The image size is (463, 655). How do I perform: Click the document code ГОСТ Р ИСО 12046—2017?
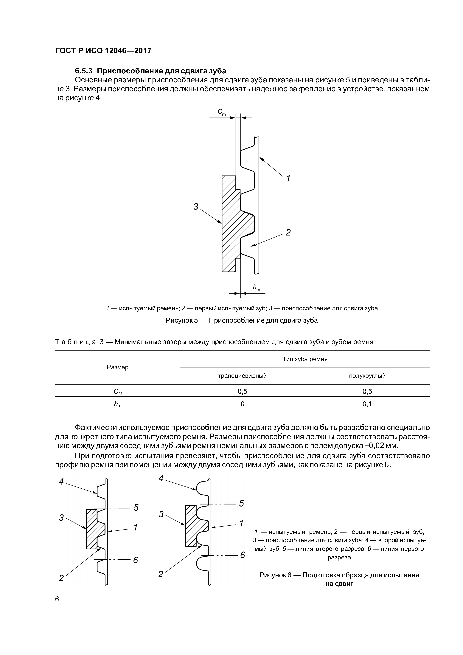tap(103, 51)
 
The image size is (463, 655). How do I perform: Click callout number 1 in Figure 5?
tap(288, 179)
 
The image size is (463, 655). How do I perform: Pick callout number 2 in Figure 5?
tap(288, 232)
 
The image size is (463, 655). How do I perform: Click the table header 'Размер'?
tap(118, 367)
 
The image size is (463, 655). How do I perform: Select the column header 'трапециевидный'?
tap(242, 376)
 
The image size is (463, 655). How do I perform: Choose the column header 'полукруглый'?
tap(367, 376)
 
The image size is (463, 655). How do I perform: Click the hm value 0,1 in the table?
tap(367, 404)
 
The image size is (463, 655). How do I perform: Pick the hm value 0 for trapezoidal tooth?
tap(242, 404)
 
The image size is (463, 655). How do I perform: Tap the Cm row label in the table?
tap(118, 392)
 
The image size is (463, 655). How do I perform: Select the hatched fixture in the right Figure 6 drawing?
tap(191, 525)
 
